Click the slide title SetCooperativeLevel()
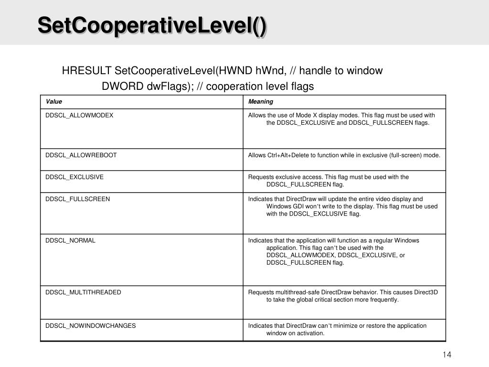pyautogui.click(x=152, y=25)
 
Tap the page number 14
pyautogui.click(x=447, y=354)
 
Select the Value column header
pyautogui.click(x=54, y=101)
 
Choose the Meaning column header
pyautogui.click(x=260, y=101)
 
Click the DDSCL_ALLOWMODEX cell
pyautogui.click(x=79, y=115)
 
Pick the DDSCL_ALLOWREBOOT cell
pyautogui.click(x=81, y=155)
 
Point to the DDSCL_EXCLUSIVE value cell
pyautogui.click(x=74, y=177)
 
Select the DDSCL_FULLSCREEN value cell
pyautogui.click(x=77, y=199)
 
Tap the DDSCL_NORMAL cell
pyautogui.click(x=70, y=240)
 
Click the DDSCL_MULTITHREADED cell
pyautogui.click(x=83, y=292)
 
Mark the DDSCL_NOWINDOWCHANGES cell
pyautogui.click(x=90, y=325)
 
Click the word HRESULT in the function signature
pyautogui.click(x=86, y=71)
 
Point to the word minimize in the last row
pyautogui.click(x=344, y=325)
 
